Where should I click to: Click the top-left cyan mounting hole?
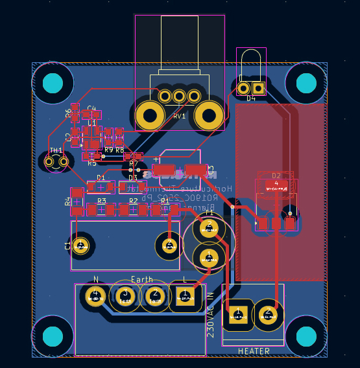[53, 83]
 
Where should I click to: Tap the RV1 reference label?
[179, 117]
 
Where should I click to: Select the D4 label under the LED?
[251, 98]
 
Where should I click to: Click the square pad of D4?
[258, 88]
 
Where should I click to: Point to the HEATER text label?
[254, 351]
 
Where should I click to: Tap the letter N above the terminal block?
[96, 279]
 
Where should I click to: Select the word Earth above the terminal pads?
[142, 279]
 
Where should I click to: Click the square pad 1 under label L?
[185, 297]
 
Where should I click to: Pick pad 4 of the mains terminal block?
[95, 297]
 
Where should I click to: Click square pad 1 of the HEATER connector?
[237, 316]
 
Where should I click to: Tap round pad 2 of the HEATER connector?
[267, 316]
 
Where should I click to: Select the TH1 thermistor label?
[56, 150]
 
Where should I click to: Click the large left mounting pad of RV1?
[150, 117]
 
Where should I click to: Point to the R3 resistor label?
[101, 201]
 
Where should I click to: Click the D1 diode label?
[101, 178]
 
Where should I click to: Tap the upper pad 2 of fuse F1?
[209, 229]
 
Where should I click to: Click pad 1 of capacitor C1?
[81, 245]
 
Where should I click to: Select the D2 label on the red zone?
[276, 176]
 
